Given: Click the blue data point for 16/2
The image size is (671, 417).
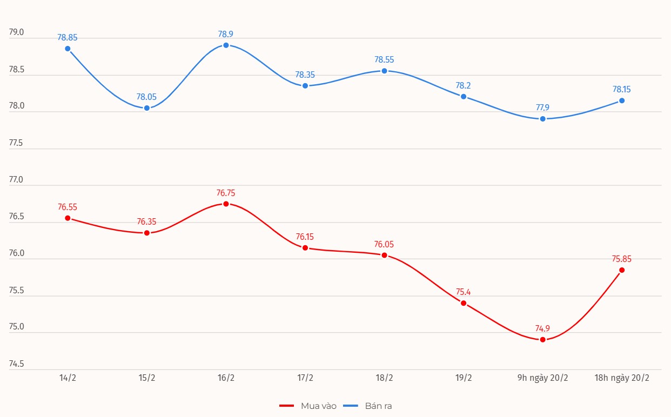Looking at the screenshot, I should coord(226,45).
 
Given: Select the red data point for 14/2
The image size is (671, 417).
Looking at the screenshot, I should coord(68,218).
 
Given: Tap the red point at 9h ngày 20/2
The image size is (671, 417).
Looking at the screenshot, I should coord(542,340).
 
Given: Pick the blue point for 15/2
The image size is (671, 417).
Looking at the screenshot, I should coord(146,108).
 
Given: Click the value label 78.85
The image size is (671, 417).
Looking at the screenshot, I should coord(68,38).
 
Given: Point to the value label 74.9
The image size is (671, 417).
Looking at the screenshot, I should coord(542,328).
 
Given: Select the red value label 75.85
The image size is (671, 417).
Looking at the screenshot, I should coord(621,259).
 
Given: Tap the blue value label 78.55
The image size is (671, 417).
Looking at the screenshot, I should coord(384,60).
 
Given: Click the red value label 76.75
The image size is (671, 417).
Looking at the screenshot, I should coord(226,193).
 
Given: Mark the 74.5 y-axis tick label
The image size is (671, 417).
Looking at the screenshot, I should coord(17,364).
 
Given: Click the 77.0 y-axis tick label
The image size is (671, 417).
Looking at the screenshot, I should coord(17,180).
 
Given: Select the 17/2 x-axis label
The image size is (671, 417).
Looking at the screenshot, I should coord(305,378).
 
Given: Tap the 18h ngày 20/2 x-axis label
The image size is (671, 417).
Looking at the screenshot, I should coord(621,378).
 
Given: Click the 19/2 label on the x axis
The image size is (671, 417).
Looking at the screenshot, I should coord(463,378).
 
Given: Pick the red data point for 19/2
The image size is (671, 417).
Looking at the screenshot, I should coord(464,303).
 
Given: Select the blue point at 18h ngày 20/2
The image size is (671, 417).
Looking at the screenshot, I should coord(622,100).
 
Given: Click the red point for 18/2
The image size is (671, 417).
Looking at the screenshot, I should coord(384,255).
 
